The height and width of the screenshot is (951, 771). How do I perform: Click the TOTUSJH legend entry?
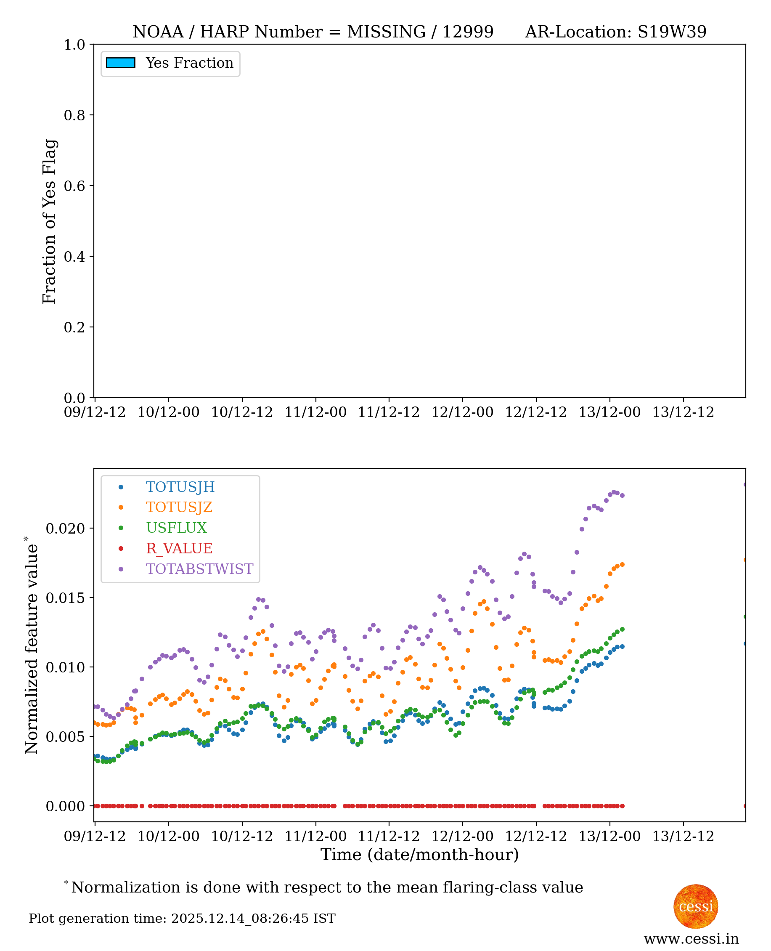tap(180, 487)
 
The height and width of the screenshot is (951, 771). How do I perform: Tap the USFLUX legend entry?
tap(176, 528)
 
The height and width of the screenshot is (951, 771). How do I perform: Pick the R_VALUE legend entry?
tap(179, 549)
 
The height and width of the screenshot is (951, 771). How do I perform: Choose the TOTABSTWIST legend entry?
tap(199, 569)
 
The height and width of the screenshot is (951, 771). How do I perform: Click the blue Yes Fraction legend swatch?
tap(120, 63)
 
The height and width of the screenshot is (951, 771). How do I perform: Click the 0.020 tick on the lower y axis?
tap(65, 529)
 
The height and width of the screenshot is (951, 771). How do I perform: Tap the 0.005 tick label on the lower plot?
tap(65, 737)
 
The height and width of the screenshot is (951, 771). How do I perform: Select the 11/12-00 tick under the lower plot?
tap(315, 837)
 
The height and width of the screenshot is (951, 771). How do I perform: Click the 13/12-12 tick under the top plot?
tap(683, 412)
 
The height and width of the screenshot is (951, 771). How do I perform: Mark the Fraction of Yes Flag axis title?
tap(49, 221)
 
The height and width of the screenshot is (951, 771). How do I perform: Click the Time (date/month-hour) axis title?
tap(419, 855)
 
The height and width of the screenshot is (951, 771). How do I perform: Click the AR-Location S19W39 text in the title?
tap(615, 32)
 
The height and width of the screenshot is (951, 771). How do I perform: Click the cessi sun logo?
tap(696, 906)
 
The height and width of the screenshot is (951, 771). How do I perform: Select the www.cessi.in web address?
tap(691, 938)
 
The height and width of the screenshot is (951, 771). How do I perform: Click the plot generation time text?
tap(182, 918)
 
